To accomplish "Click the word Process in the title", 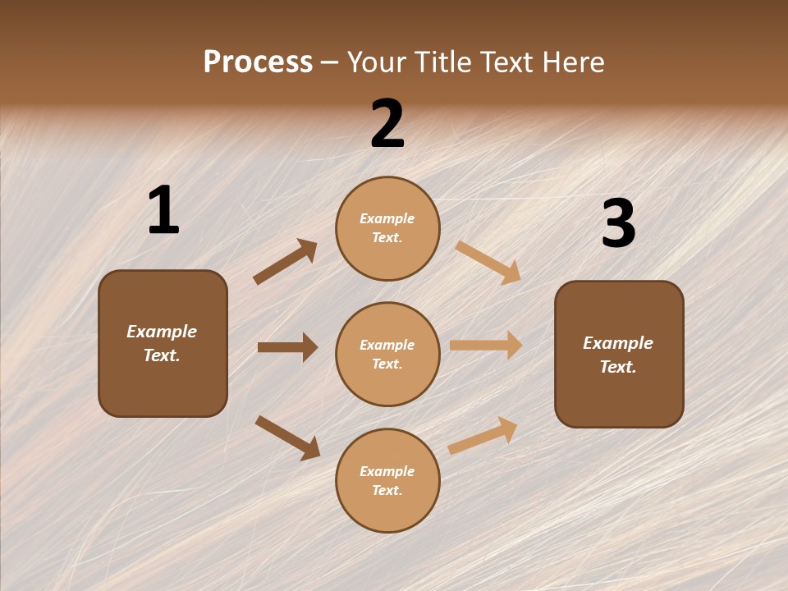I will [258, 62].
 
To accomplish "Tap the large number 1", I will [163, 212].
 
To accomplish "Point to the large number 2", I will [387, 125].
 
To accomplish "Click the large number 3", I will [618, 224].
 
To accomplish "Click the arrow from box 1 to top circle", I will [285, 262].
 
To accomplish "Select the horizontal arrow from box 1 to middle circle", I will [287, 347].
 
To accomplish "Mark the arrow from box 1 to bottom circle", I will [287, 438].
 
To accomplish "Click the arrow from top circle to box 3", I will [488, 262].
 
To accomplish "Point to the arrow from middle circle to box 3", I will [486, 346].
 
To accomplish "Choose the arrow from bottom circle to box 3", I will [483, 435].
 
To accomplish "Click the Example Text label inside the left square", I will [162, 343].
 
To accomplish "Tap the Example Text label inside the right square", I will [618, 355].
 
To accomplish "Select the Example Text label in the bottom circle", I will [387, 480].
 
